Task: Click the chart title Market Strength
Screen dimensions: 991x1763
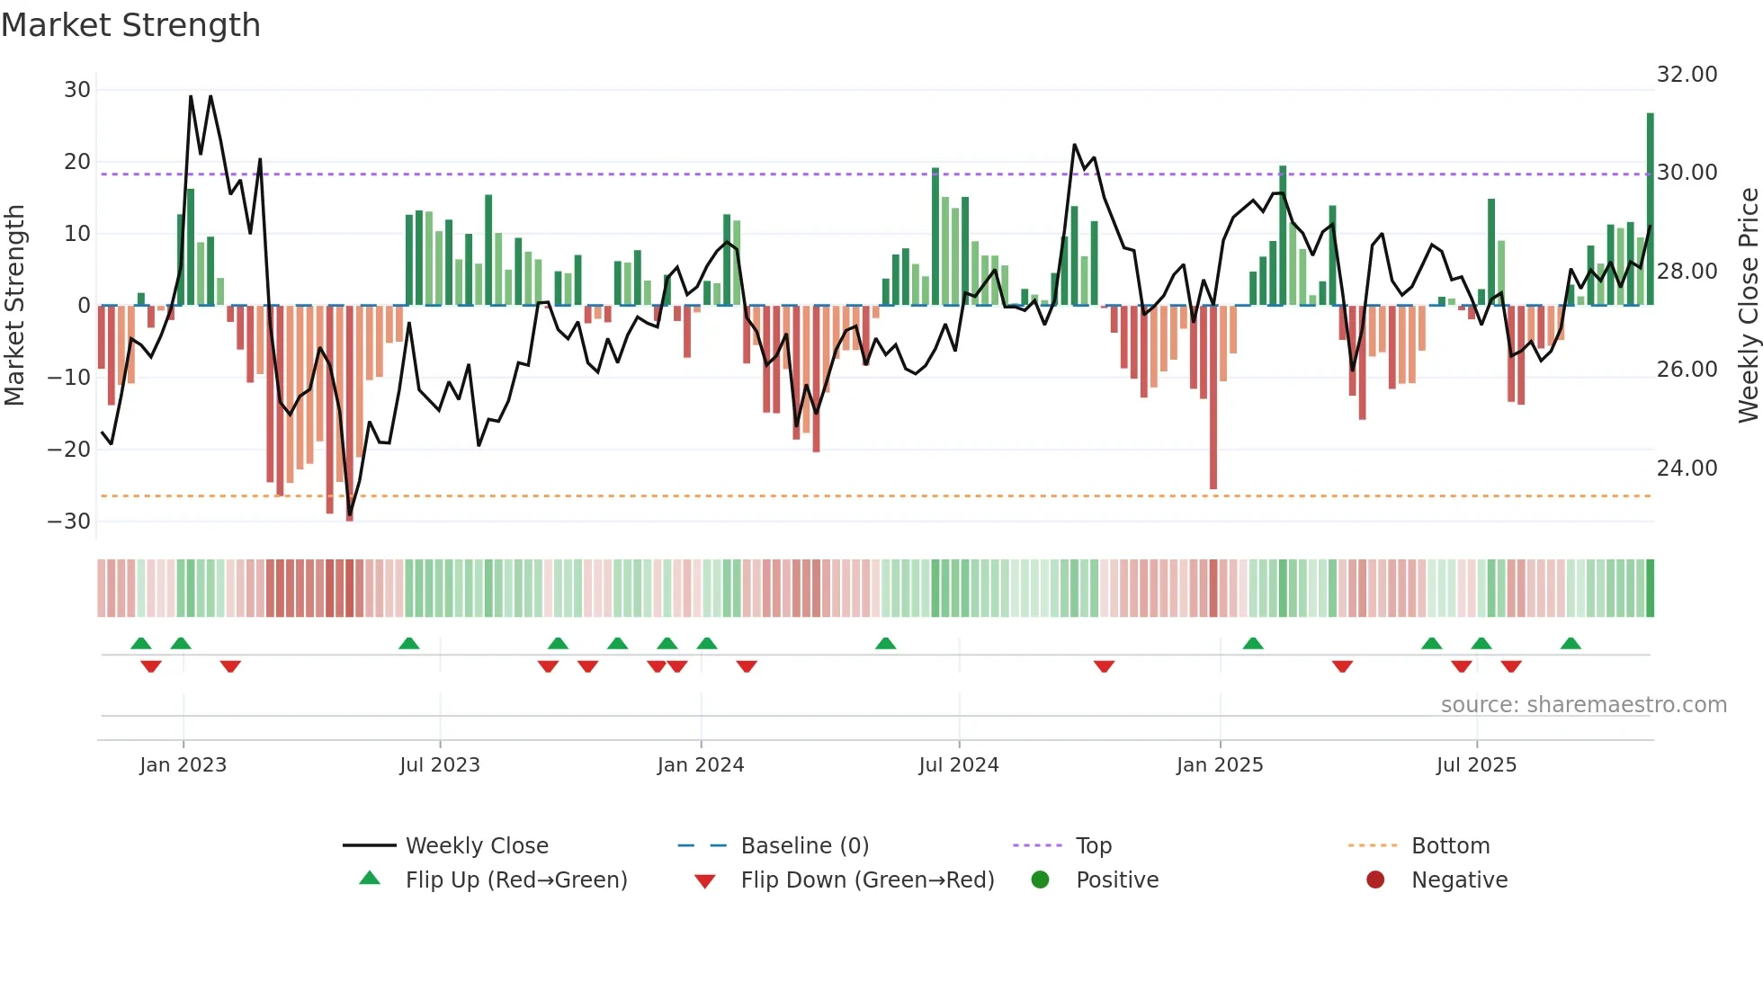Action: tap(130, 25)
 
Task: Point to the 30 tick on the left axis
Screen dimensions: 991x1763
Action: tap(76, 90)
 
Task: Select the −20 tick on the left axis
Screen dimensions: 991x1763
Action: tap(69, 450)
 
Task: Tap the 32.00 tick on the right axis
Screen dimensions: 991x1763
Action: tap(1687, 75)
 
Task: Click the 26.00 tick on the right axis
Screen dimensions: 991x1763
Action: tap(1687, 370)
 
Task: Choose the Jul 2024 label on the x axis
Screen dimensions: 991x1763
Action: tap(958, 765)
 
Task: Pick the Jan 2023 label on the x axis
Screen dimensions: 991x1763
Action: tap(183, 765)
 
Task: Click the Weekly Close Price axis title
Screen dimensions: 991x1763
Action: tap(1748, 306)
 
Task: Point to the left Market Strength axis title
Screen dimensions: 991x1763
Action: tap(14, 306)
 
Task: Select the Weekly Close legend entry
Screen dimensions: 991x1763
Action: tap(476, 846)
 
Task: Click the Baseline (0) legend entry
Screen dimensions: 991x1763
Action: tap(804, 846)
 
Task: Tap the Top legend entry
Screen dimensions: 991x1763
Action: tap(1093, 846)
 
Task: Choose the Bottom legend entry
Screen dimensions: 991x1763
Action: tap(1450, 846)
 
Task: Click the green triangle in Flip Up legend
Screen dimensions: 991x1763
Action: tap(370, 879)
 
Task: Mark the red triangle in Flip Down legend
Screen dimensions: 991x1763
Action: tap(705, 881)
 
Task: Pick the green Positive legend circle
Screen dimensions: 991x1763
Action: tap(1040, 880)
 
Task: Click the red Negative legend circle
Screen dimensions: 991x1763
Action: tap(1375, 880)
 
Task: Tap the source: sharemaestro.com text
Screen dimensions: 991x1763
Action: tap(1583, 705)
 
